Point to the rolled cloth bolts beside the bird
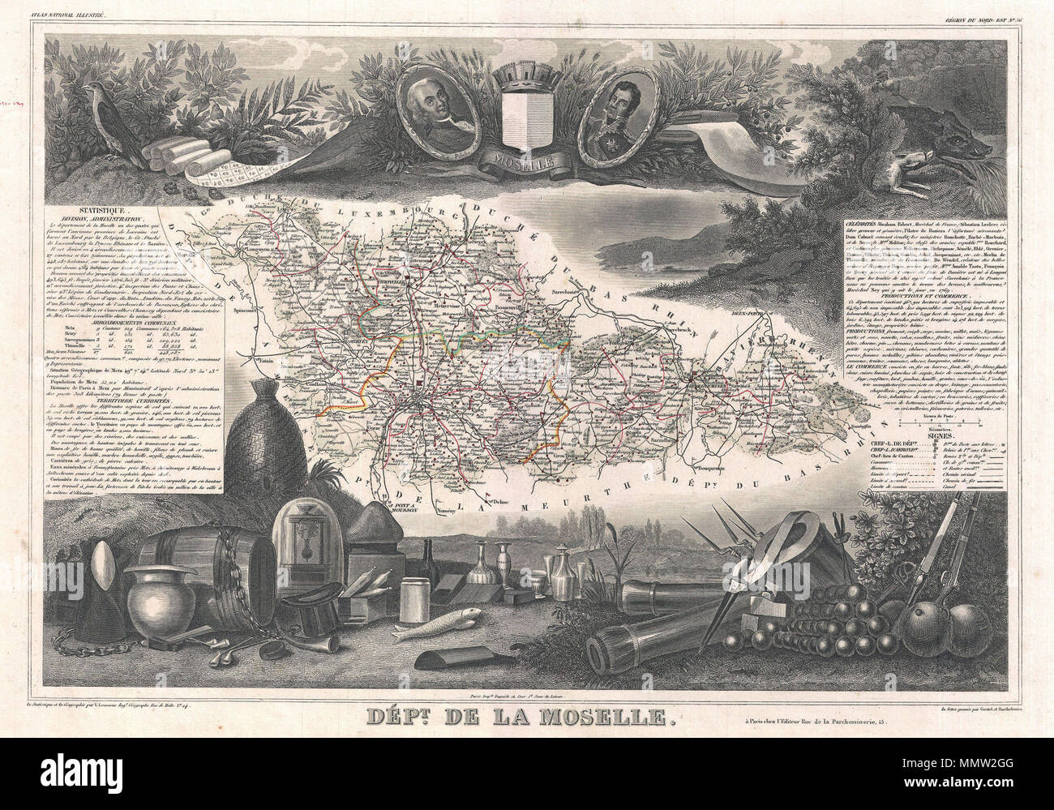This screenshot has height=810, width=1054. [x=174, y=150]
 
